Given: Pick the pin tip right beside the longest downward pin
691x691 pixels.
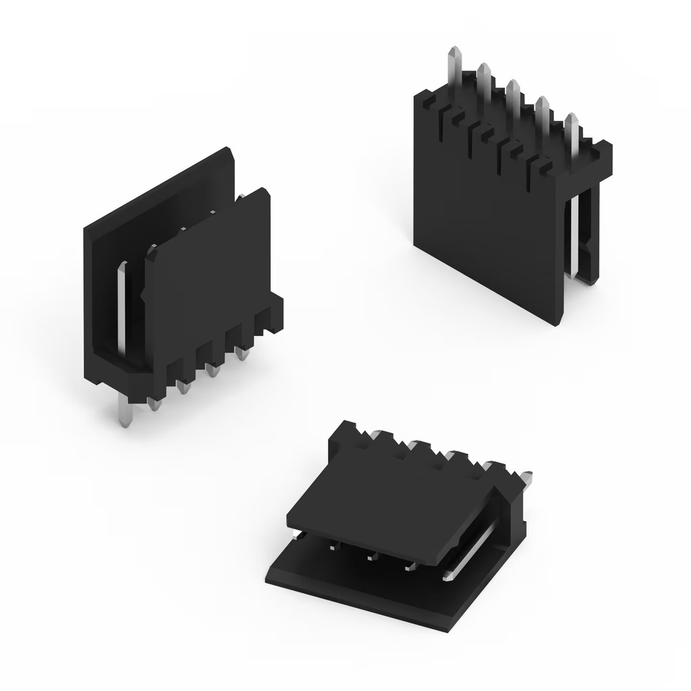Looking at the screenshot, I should pyautogui.click(x=154, y=404).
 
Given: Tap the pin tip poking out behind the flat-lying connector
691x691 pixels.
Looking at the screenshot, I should pyautogui.click(x=527, y=476).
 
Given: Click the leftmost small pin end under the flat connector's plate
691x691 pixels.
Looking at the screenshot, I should pyautogui.click(x=332, y=547).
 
